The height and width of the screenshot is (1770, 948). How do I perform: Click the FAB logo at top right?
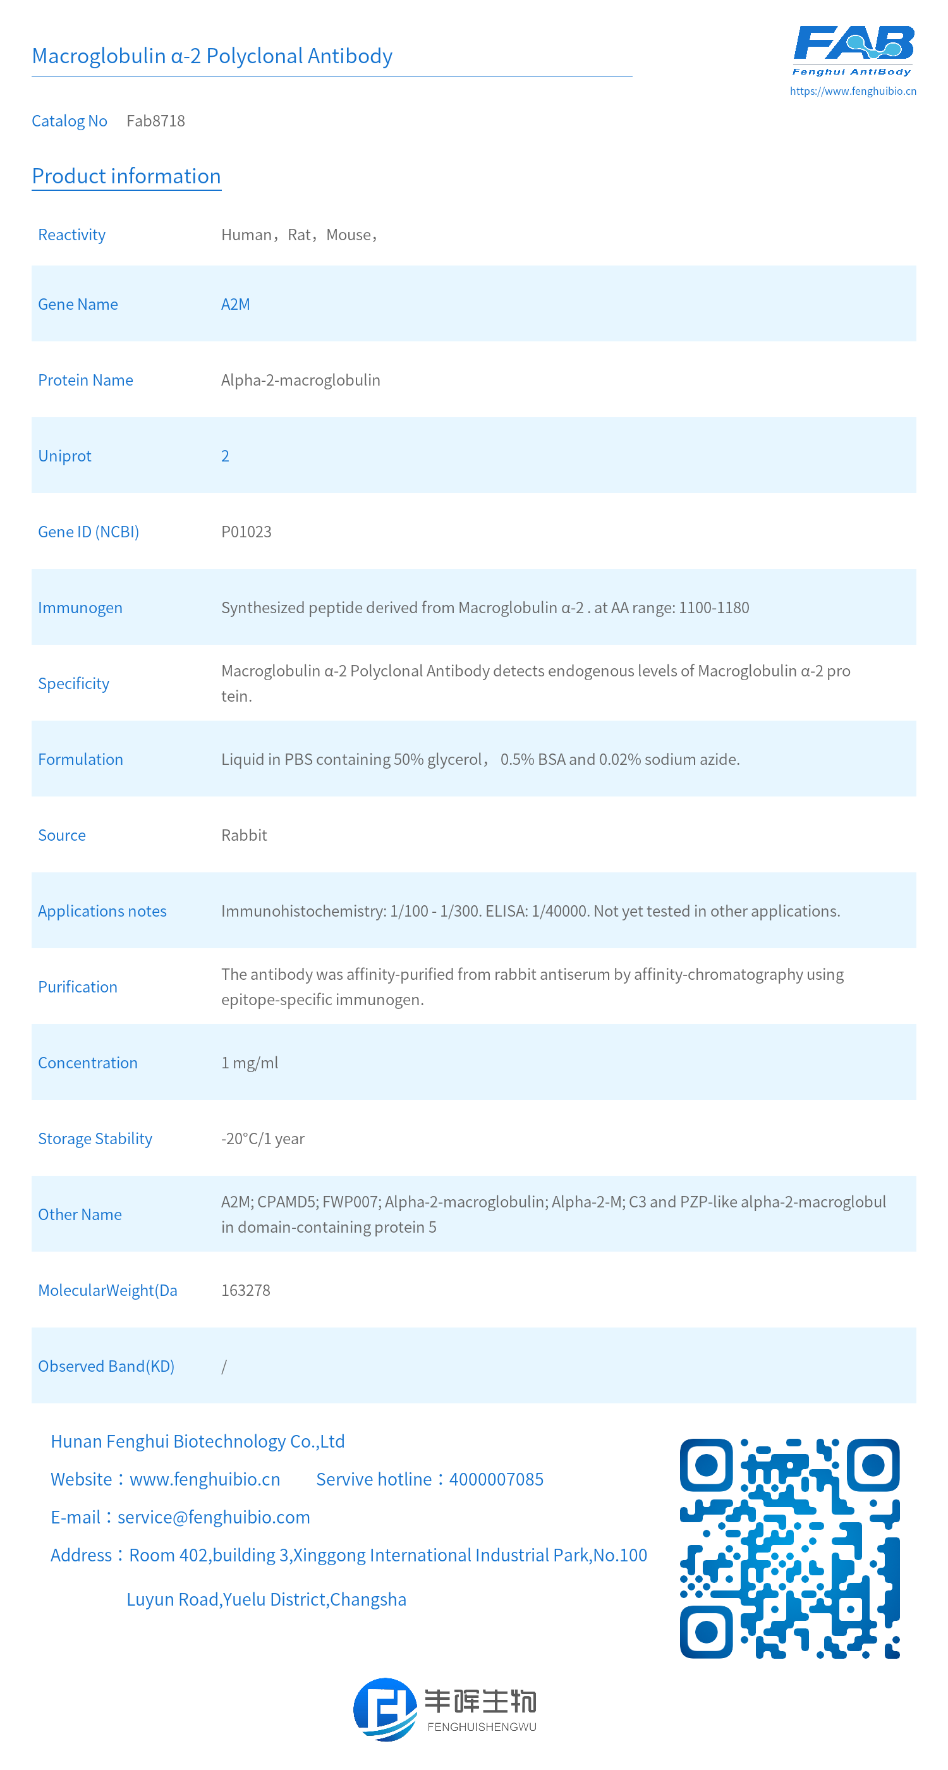point(853,50)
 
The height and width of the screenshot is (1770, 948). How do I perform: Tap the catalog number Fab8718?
point(156,121)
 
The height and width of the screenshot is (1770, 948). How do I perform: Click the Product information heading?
point(126,176)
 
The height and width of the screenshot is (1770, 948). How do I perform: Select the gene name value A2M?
point(235,305)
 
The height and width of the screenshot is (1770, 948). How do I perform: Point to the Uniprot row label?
point(64,456)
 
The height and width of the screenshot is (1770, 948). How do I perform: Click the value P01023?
point(246,532)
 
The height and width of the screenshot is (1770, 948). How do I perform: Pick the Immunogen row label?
point(80,608)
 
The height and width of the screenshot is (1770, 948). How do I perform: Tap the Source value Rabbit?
point(244,836)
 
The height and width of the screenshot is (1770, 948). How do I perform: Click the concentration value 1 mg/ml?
point(250,1063)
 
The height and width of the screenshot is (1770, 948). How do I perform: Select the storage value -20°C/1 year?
point(262,1138)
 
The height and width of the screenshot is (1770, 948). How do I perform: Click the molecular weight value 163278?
point(245,1290)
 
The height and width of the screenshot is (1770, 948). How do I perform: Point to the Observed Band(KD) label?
point(106,1366)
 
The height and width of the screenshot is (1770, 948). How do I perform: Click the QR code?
point(789,1548)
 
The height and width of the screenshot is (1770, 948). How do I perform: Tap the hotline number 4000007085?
point(496,1479)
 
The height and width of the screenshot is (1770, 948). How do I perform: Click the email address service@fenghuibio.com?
point(214,1517)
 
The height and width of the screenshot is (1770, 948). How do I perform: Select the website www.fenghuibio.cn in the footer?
point(205,1479)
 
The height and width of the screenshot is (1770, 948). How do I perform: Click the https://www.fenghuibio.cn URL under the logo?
point(853,90)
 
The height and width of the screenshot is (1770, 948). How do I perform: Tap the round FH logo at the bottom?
point(385,1709)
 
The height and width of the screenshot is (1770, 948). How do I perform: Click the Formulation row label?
point(80,759)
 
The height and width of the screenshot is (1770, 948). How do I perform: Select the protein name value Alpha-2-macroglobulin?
point(300,380)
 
